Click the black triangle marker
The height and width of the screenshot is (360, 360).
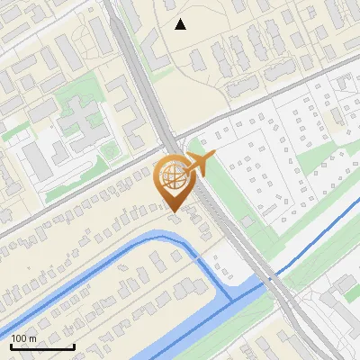[181, 24]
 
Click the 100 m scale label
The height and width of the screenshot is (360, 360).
[24, 338]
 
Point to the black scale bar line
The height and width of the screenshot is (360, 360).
[41, 347]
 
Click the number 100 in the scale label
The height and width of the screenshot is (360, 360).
[19, 338]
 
